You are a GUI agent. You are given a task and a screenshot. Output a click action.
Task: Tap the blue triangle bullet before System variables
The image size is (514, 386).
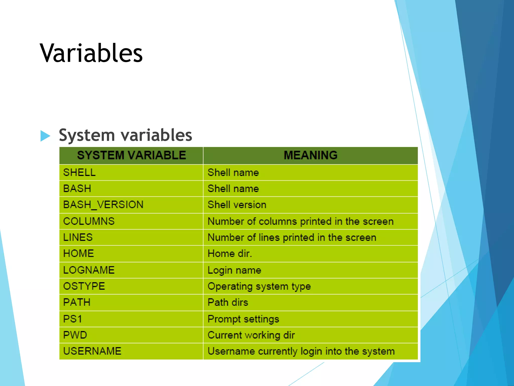tap(45, 136)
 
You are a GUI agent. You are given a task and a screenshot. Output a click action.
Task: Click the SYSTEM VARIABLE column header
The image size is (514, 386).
tap(131, 155)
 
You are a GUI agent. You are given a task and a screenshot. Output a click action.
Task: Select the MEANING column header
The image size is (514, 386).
tap(310, 155)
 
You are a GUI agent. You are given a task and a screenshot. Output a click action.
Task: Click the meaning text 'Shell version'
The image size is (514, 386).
tap(237, 205)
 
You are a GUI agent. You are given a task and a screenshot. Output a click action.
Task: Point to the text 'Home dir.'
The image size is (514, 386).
tap(230, 253)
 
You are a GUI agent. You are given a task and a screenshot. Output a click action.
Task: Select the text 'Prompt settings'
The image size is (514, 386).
tap(243, 319)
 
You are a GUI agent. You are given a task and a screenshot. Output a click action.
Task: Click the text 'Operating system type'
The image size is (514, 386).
tap(259, 286)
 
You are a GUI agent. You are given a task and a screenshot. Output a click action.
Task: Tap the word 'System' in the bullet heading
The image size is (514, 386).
tap(87, 135)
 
